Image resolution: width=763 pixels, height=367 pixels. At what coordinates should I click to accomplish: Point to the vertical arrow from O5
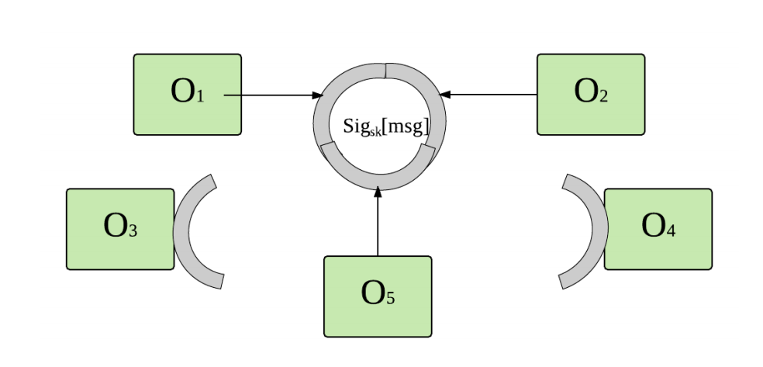coord(378,225)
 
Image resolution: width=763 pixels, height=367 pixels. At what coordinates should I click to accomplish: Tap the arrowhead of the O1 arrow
coord(317,95)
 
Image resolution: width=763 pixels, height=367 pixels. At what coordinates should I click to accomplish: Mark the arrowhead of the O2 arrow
coord(444,95)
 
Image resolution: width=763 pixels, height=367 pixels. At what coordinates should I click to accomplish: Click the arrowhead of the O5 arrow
coord(378,192)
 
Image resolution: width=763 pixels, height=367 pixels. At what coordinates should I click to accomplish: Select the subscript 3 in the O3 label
coord(133,231)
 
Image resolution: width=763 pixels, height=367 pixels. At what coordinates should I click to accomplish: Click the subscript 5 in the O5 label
coord(391,299)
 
